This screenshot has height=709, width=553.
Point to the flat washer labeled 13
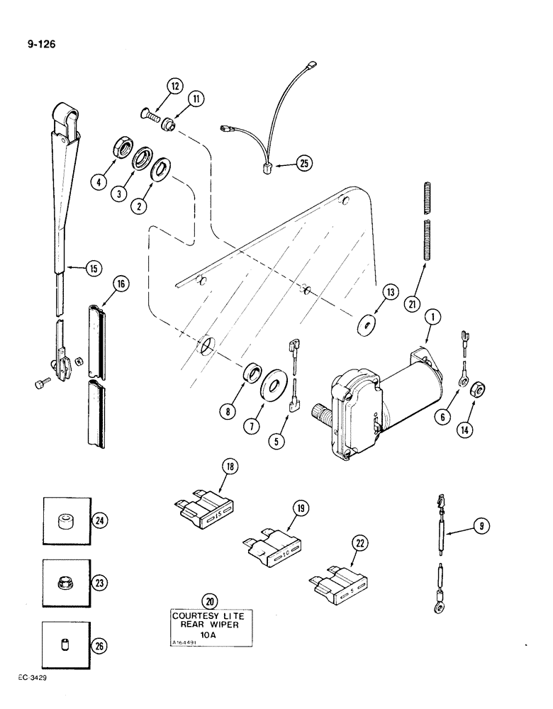coord(367,325)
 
